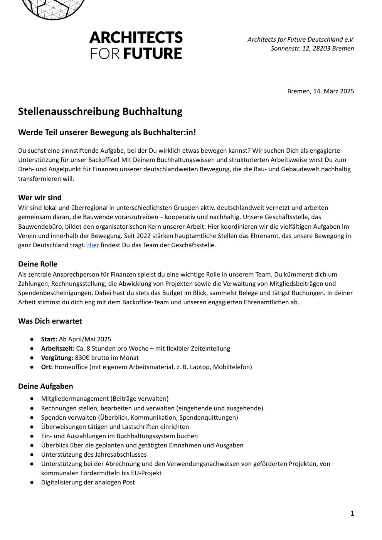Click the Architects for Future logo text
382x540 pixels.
tap(136, 45)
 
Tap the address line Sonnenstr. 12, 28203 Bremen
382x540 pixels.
tap(312, 48)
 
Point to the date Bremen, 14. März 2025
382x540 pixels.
tap(320, 91)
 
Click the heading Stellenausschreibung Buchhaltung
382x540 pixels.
tap(100, 111)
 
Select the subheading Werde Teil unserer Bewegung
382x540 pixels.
tap(107, 132)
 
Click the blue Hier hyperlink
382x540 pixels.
tap(93, 245)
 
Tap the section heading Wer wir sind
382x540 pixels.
tap(40, 197)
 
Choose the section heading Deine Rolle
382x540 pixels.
tap(37, 264)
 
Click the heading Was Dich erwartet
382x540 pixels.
tap(50, 321)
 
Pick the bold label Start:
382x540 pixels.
tap(49, 339)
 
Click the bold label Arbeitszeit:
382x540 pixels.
tap(58, 348)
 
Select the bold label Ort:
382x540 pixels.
tap(47, 367)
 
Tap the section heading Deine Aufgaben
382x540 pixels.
tap(45, 386)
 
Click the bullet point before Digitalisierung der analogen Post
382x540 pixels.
tap(32, 482)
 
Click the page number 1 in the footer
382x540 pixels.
tap(352, 513)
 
